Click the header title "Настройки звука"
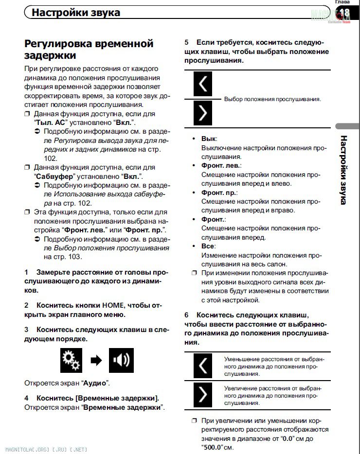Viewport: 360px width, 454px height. click(x=75, y=12)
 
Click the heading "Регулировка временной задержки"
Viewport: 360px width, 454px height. click(x=89, y=49)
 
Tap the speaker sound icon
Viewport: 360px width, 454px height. click(x=121, y=360)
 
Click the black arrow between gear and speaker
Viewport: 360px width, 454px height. click(x=96, y=361)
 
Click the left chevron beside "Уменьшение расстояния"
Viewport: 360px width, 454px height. click(x=203, y=366)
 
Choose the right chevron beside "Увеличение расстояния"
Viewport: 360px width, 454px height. click(x=203, y=394)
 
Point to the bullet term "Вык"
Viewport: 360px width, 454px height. click(x=209, y=139)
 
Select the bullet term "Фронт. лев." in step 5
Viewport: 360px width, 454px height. click(x=220, y=166)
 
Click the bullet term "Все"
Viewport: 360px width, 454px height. click(x=208, y=246)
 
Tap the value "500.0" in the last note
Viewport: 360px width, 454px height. click(x=198, y=447)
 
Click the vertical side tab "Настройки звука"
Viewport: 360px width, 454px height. click(x=343, y=170)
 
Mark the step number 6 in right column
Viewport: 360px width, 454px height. click(x=187, y=315)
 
